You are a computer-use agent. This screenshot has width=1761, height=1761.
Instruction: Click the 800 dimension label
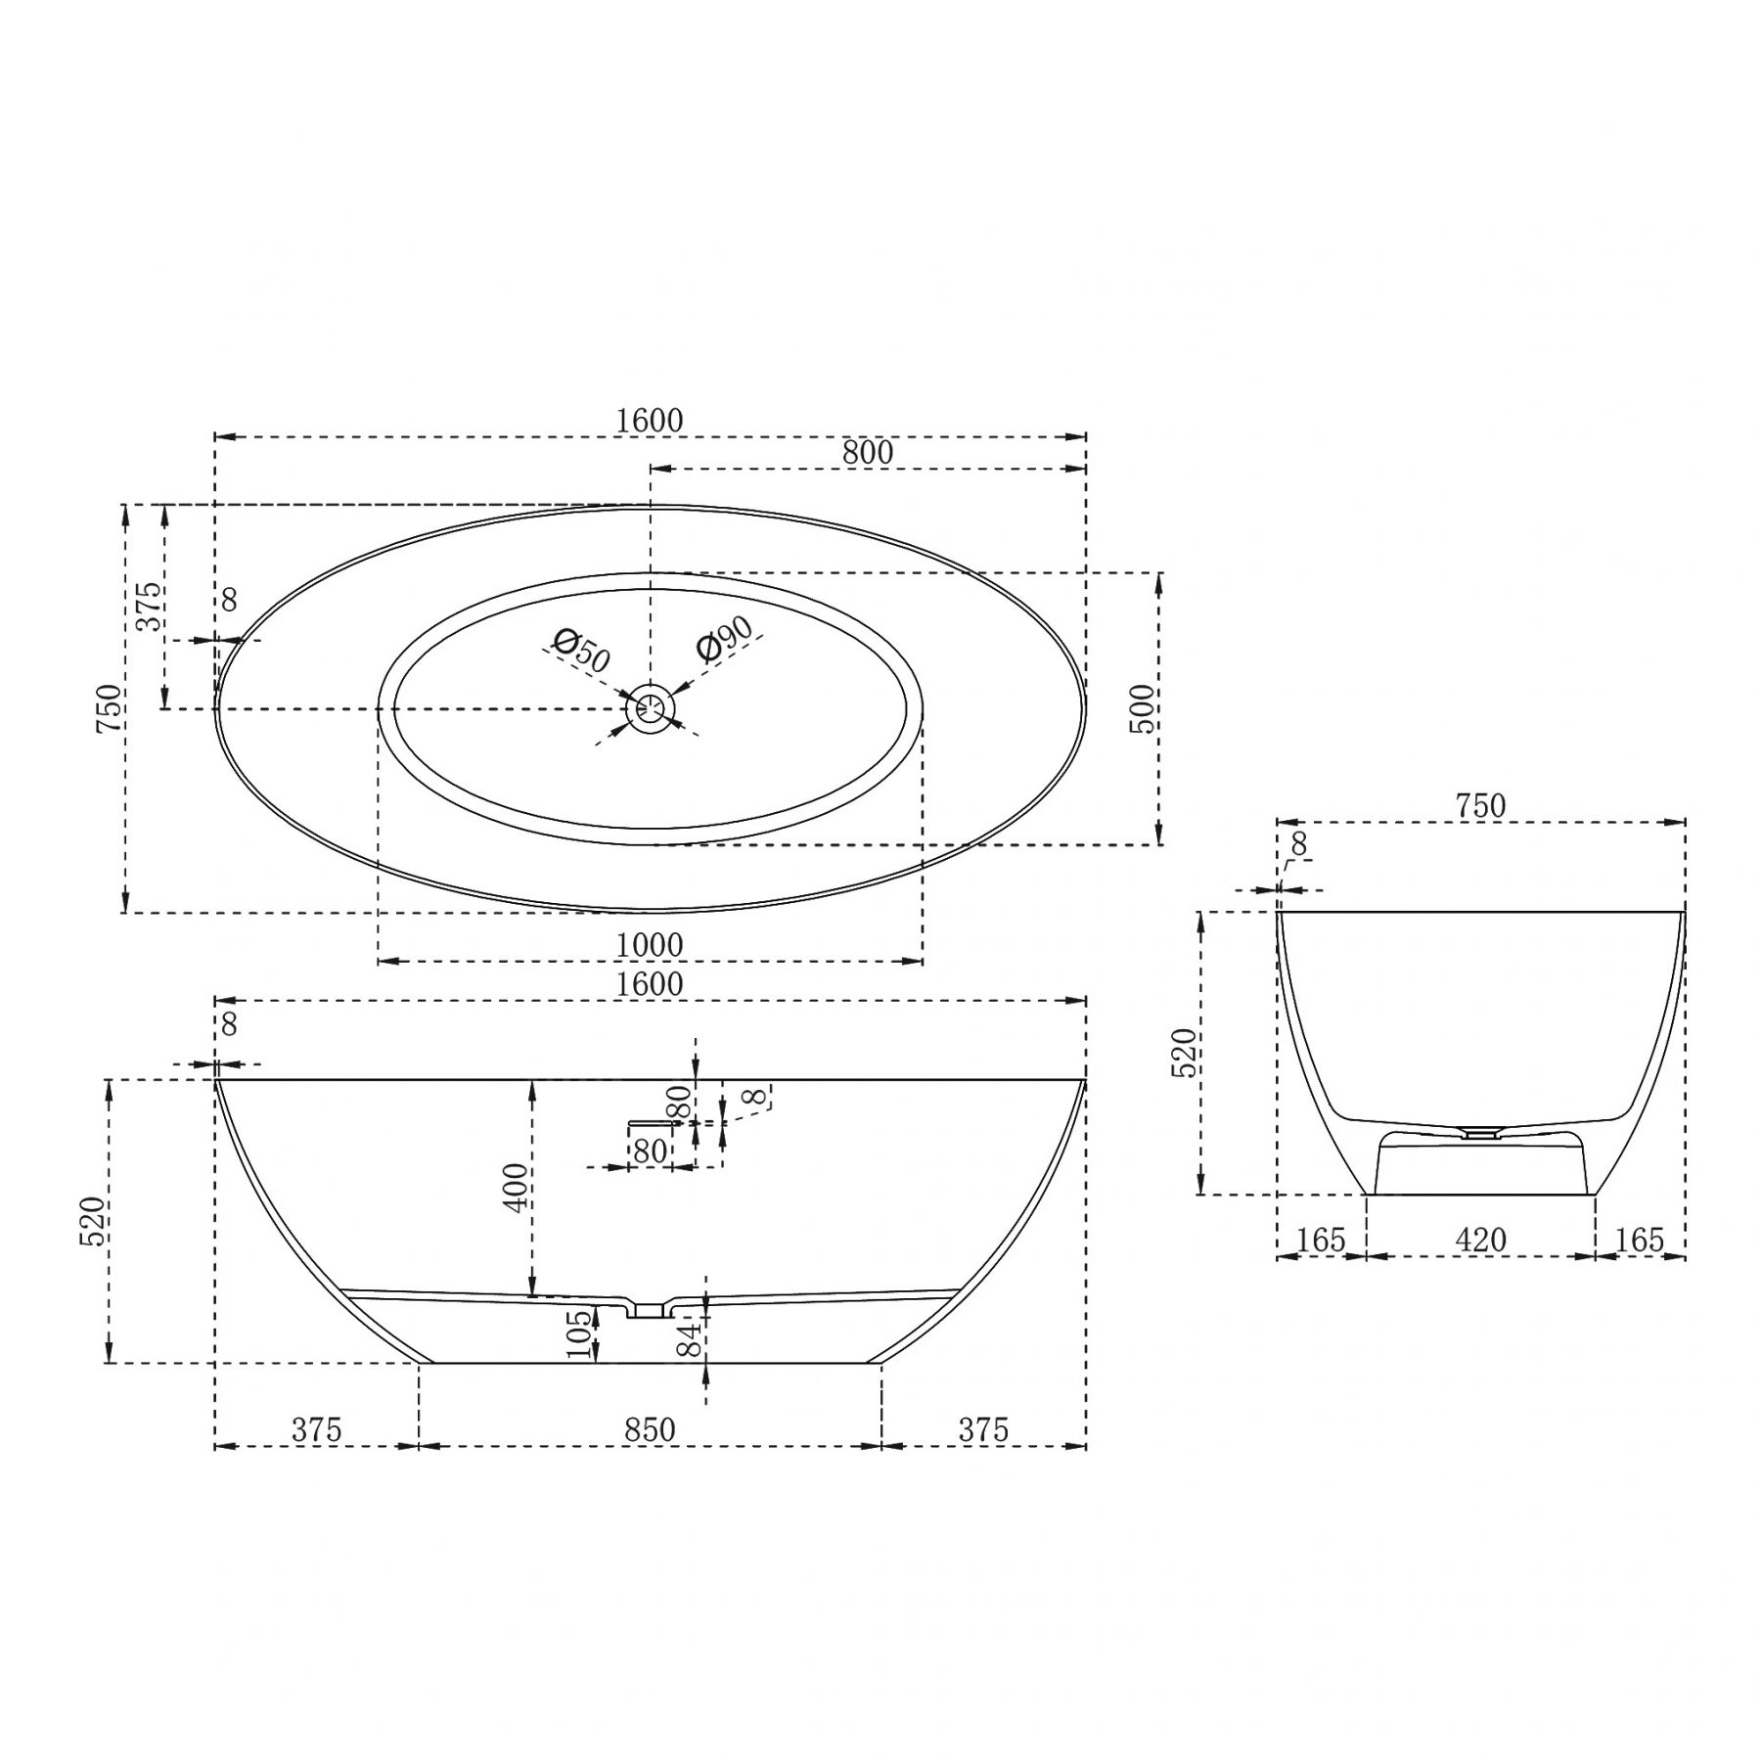868,452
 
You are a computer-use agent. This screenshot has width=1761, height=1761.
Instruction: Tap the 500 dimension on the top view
1142,709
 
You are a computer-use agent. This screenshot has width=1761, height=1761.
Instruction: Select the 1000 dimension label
650,945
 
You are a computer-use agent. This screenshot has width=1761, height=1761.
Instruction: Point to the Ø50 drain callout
581,651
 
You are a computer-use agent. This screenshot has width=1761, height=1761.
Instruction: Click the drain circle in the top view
651,707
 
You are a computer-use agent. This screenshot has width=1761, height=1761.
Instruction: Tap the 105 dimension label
580,1333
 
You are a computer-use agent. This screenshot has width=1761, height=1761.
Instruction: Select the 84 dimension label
691,1338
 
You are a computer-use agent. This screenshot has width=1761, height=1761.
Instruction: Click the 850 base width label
650,1430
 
